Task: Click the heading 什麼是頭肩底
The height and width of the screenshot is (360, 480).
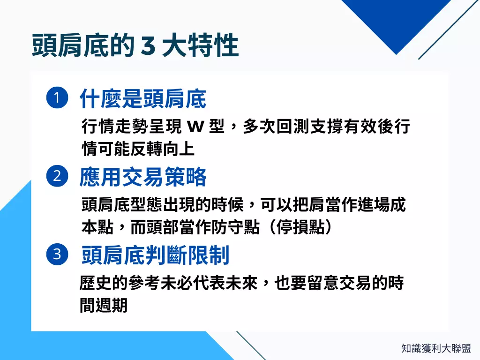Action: [143, 99]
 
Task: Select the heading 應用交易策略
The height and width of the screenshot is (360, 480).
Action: [143, 177]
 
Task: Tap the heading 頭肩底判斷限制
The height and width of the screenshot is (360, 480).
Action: [155, 255]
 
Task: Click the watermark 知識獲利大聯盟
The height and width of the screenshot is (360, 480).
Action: [436, 349]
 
